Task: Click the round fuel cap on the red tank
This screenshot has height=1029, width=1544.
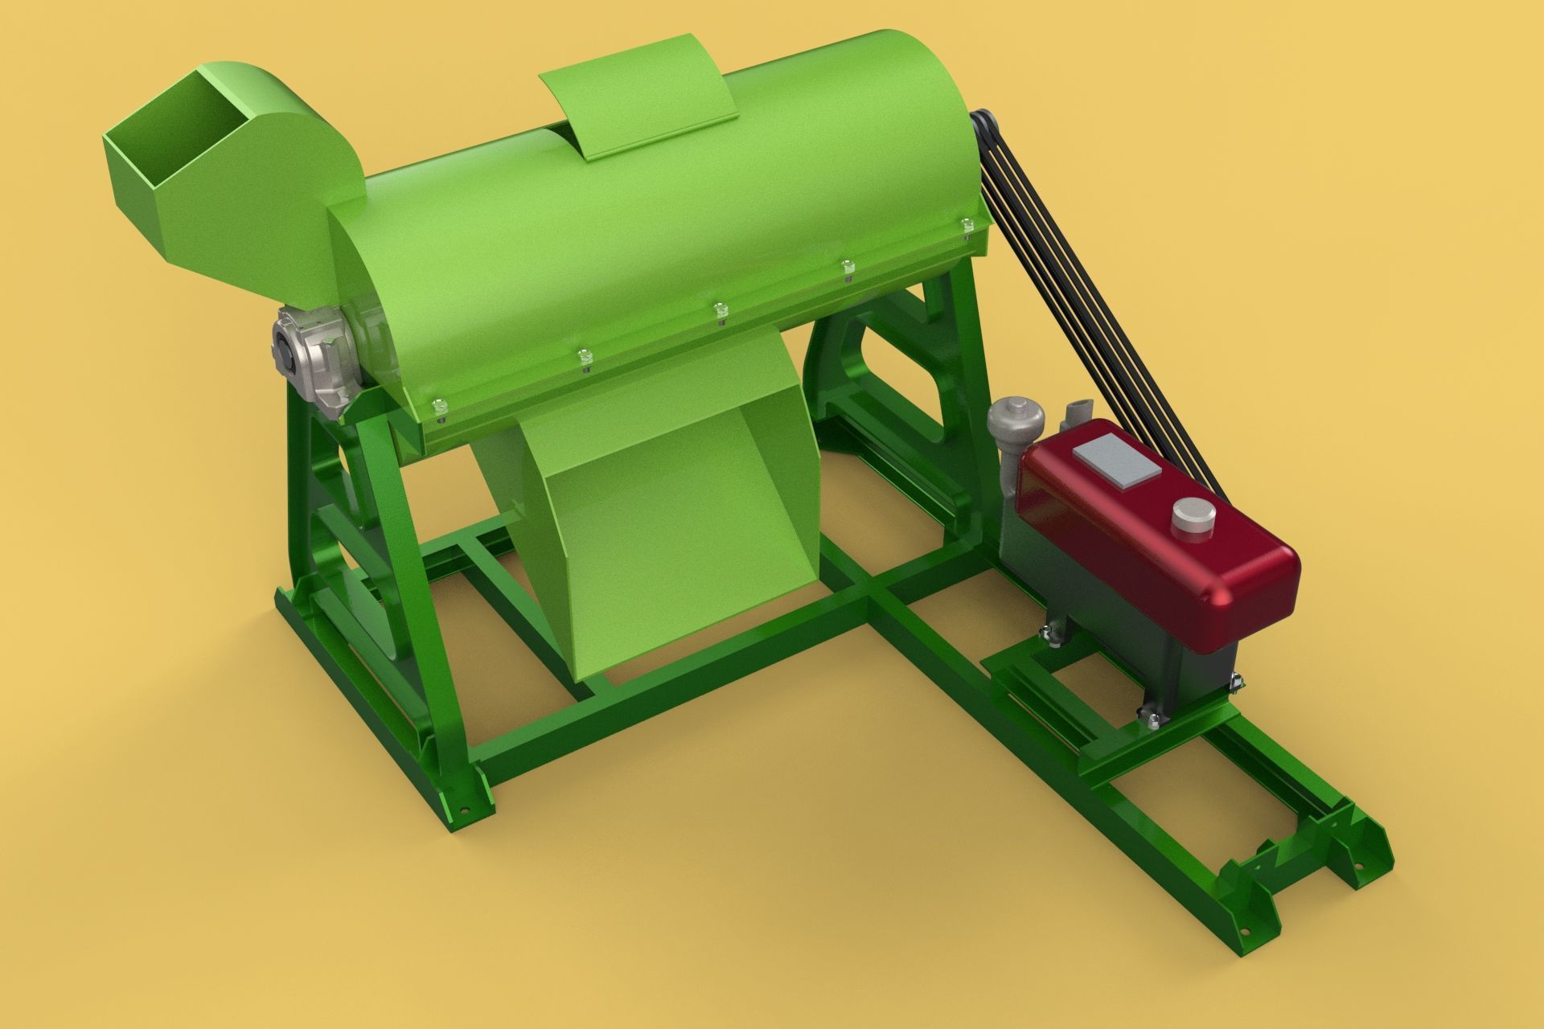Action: click(1193, 517)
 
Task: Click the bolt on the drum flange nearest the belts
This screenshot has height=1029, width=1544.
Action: click(966, 222)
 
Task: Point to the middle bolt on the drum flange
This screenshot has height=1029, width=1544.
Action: click(720, 309)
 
